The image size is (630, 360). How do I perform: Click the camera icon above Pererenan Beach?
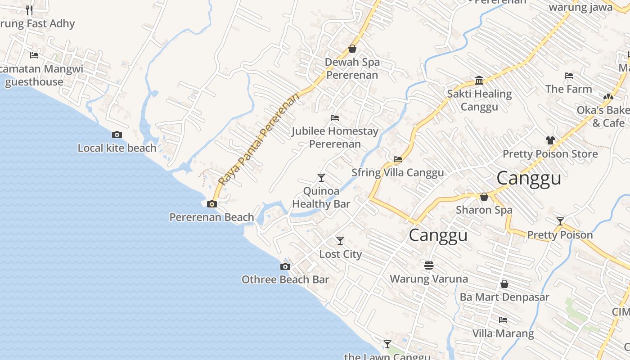tap(211, 204)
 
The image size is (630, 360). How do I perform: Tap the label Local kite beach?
tap(117, 148)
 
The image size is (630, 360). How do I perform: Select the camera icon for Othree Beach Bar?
tap(285, 266)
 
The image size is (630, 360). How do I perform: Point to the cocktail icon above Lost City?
tap(340, 241)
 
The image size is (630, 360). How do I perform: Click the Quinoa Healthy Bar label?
tap(321, 197)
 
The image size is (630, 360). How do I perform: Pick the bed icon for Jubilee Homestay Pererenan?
tap(335, 118)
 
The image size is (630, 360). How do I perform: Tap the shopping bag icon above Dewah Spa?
tap(352, 49)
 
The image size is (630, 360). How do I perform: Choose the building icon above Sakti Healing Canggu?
tap(479, 81)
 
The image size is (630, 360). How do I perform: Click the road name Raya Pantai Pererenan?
tap(259, 139)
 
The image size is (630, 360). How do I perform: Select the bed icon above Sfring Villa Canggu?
tap(398, 159)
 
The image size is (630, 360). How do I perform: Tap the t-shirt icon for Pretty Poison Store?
tap(550, 140)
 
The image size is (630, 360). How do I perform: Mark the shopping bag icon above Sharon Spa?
tap(484, 197)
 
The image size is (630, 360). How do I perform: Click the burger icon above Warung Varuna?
tap(429, 265)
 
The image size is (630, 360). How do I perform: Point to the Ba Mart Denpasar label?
tap(504, 297)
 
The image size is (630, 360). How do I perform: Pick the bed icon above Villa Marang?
tap(503, 320)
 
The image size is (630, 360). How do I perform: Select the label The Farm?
tap(569, 89)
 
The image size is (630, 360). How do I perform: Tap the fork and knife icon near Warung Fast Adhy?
tap(29, 10)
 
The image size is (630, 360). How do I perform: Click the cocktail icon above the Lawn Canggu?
tap(387, 344)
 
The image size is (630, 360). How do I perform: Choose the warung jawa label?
tap(580, 7)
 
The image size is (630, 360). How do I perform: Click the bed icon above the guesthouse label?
tap(34, 55)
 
